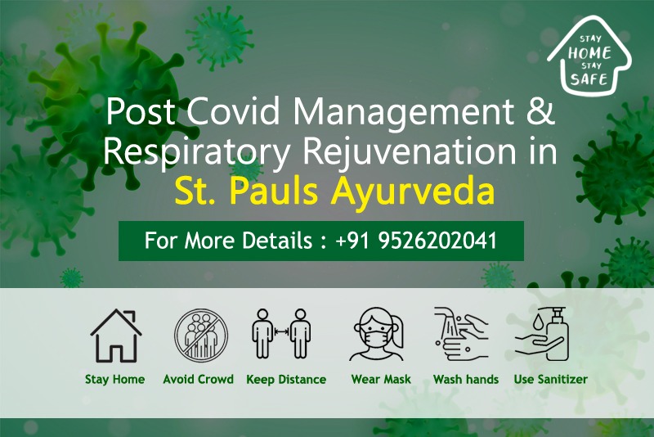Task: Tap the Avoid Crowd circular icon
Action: [201, 336]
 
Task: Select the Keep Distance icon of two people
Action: [281, 334]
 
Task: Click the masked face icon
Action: [378, 334]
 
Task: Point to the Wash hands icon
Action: [461, 334]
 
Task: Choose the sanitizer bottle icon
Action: [541, 334]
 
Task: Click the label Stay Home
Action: [114, 380]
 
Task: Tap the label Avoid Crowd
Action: [198, 380]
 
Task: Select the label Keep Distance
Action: [286, 380]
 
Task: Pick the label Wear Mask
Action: [381, 380]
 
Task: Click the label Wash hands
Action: [466, 380]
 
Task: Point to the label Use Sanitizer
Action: [550, 380]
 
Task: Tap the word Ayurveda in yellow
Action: [413, 191]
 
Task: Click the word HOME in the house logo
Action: [589, 53]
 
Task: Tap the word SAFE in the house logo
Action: [589, 79]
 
